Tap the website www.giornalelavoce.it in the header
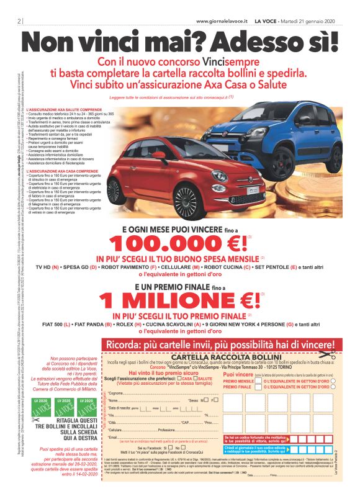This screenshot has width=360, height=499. tap(221, 21)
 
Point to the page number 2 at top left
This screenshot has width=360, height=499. tap(20, 22)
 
